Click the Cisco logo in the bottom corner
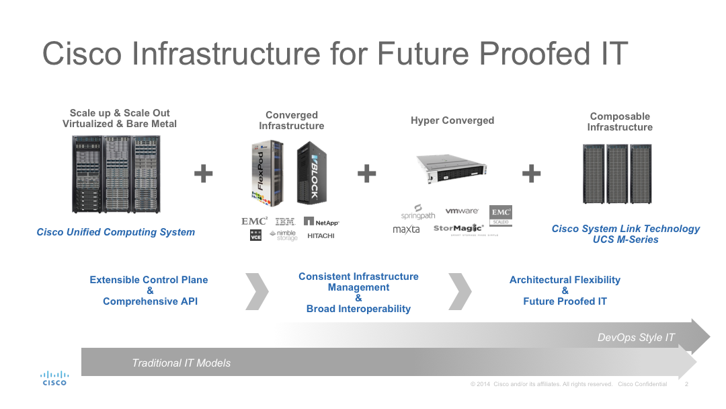(54, 378)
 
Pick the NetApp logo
(321, 221)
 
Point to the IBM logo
(285, 221)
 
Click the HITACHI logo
(321, 236)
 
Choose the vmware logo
(462, 211)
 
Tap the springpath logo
(418, 212)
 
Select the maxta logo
(406, 229)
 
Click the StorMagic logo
(458, 229)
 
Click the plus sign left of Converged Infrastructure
(203, 174)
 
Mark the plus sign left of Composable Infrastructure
(531, 174)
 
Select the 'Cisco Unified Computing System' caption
(116, 232)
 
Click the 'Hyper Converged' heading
(452, 120)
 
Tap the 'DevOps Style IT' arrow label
(636, 338)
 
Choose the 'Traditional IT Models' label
(181, 363)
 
